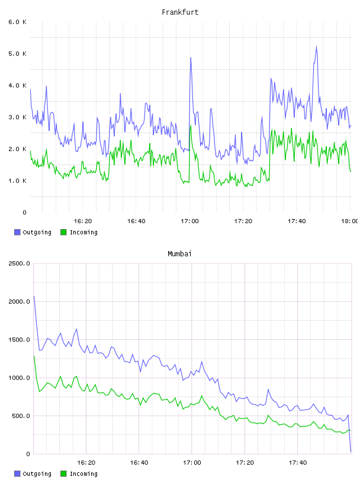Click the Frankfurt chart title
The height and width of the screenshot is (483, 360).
pos(180,12)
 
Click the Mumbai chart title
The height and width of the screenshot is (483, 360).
pos(179,253)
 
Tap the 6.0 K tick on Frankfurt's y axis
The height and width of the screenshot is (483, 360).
pos(18,22)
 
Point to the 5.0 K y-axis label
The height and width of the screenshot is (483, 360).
pos(18,54)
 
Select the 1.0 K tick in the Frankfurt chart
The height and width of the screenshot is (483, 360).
pos(18,181)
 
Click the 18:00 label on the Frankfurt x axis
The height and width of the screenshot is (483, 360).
pos(349,221)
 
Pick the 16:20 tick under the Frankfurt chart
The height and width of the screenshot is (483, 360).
pos(83,221)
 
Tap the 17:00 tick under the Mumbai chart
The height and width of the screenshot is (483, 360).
pos(192,462)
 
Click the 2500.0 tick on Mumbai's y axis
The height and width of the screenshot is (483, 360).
pos(19,263)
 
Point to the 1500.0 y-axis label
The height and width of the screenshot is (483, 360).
pos(19,339)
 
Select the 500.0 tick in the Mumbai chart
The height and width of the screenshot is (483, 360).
pos(21,416)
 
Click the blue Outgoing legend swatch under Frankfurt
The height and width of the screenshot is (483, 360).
pos(17,232)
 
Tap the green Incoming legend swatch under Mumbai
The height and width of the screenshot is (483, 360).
pos(63,474)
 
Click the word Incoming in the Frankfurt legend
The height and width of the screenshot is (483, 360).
pos(83,232)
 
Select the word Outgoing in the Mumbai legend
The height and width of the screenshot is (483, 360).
pos(37,474)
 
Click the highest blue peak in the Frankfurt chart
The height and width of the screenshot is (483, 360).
pos(316,46)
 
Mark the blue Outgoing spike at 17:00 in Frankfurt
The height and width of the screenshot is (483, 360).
pos(191,58)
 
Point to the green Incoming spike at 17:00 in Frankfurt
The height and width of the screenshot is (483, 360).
pos(191,125)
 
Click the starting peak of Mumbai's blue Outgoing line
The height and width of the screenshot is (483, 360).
pos(34,297)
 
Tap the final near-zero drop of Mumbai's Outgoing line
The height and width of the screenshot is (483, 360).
pos(351,452)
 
